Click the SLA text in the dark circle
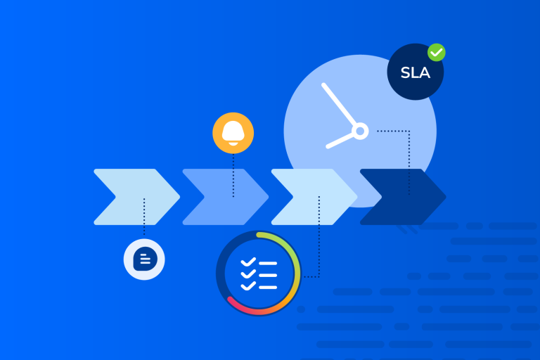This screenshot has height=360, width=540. click(x=415, y=72)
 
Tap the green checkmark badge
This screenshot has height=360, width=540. click(x=437, y=52)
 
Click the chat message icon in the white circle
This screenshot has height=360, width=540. click(x=144, y=259)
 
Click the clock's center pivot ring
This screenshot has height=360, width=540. click(x=360, y=131)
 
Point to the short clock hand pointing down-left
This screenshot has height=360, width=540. click(x=341, y=139)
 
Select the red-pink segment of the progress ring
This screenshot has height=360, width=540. click(x=246, y=307)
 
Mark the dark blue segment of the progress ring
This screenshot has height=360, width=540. click(x=224, y=267)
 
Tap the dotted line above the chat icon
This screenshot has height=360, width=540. click(x=144, y=218)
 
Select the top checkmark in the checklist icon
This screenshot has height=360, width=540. click(x=247, y=262)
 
